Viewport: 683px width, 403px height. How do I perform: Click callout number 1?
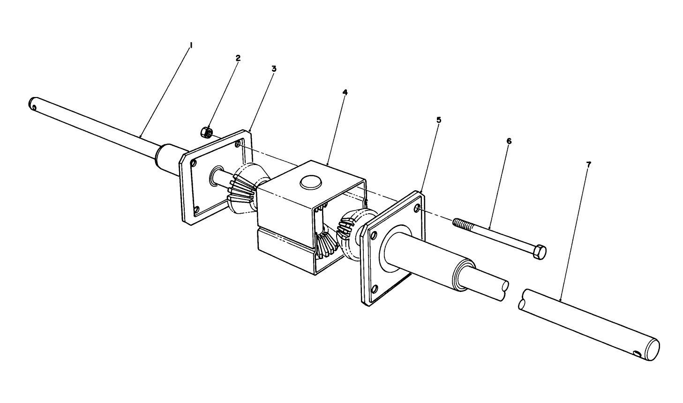click(x=191, y=45)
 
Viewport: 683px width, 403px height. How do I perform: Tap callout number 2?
click(x=238, y=58)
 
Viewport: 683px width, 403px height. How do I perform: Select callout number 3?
click(x=274, y=68)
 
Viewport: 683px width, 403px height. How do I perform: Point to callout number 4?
click(x=345, y=92)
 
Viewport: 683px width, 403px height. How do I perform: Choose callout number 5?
click(x=439, y=120)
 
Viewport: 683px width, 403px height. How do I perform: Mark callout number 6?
click(x=509, y=141)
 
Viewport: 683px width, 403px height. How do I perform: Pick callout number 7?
click(x=589, y=164)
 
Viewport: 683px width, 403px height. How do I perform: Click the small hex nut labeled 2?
click(x=206, y=133)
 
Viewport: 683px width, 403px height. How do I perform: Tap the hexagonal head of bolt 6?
click(x=540, y=253)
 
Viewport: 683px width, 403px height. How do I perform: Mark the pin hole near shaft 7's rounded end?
click(x=636, y=353)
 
